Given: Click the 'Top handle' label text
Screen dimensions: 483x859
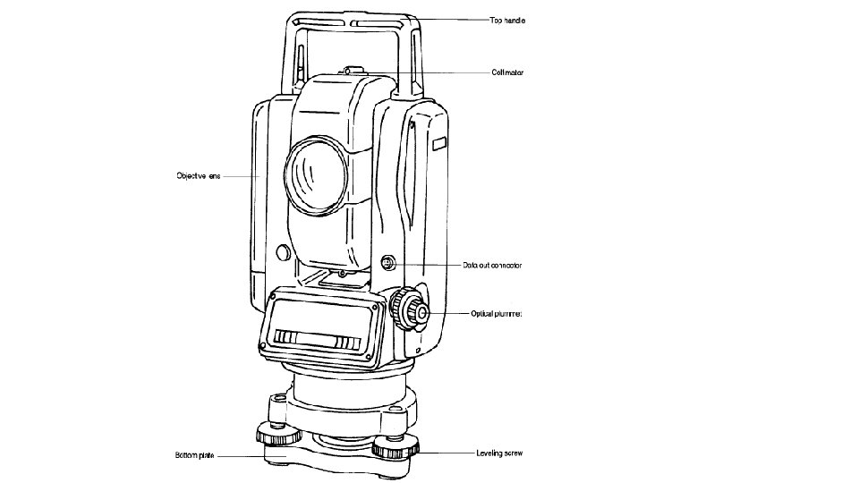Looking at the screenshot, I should click(506, 20).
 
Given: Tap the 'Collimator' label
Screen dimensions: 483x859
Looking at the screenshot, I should click(506, 72).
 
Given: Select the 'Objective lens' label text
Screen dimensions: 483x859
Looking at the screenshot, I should click(198, 176).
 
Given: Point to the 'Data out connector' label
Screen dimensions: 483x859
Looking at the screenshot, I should click(492, 265).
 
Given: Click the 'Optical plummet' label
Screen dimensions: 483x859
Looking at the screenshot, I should click(497, 314).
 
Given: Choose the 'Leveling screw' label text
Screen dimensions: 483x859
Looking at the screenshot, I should click(498, 453).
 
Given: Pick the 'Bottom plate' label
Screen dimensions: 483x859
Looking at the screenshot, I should click(194, 456).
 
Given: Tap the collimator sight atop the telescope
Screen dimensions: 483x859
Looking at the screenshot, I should click(352, 69).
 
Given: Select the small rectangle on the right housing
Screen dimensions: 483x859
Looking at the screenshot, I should click(438, 144).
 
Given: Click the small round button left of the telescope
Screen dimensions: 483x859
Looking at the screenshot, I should click(281, 253).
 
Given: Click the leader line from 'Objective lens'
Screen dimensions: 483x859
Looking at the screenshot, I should click(240, 176).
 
